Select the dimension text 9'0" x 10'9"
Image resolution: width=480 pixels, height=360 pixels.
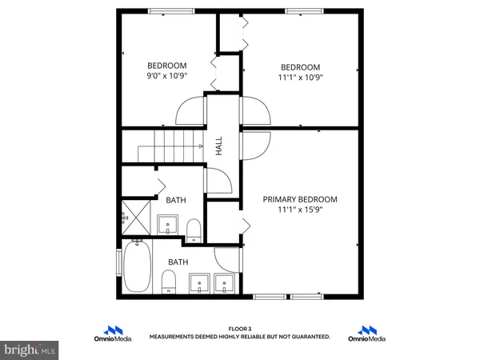click(x=166, y=77)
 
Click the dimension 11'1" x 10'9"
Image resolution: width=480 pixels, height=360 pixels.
click(x=300, y=78)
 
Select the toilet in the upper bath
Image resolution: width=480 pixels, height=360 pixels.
click(x=193, y=230)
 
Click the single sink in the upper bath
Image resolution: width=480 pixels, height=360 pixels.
click(x=167, y=222)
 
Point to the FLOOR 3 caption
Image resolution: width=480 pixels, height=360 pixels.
click(x=240, y=329)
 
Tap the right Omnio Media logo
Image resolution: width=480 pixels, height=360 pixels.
click(x=367, y=333)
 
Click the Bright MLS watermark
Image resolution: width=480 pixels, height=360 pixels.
click(x=30, y=350)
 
